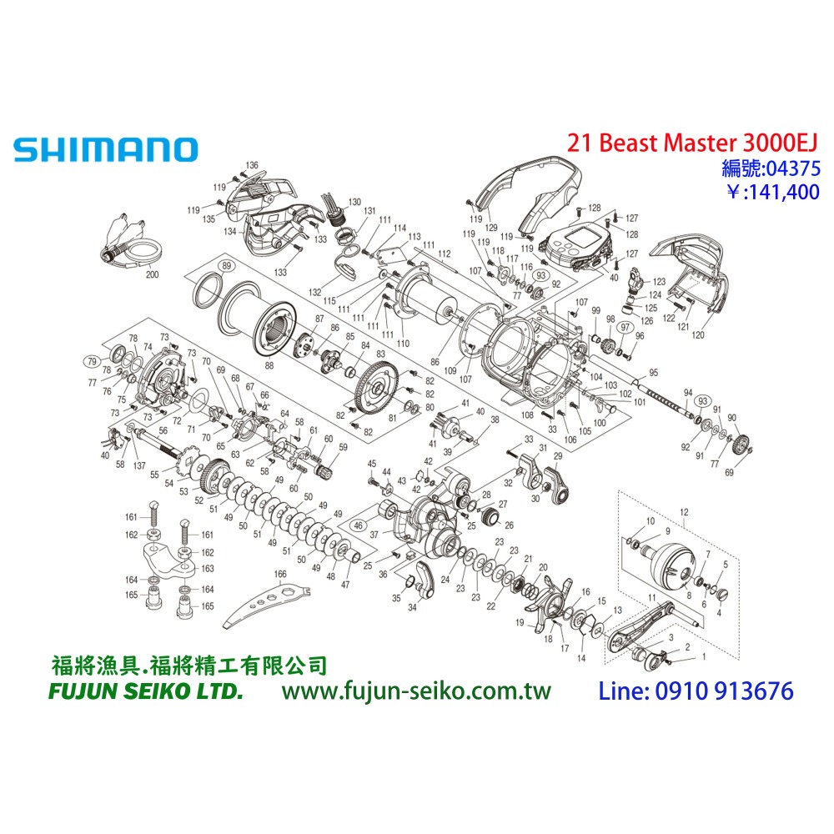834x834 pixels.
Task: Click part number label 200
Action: pos(151,274)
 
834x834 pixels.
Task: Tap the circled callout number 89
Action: pos(225,266)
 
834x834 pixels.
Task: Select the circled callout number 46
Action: pos(359,526)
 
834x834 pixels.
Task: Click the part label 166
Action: pos(279,574)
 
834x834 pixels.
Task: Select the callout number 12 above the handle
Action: pos(685,510)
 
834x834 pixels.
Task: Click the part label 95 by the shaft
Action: pos(653,372)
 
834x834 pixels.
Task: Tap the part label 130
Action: pos(355,202)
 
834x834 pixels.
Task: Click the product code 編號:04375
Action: pos(771,168)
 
